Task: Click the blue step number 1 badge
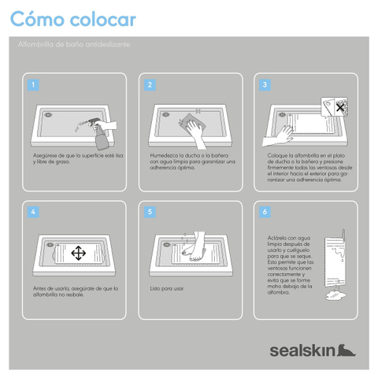tap(33, 85)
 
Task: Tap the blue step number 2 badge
tap(150, 85)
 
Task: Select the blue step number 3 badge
tap(265, 85)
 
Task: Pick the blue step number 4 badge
tap(33, 212)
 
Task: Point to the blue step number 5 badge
tap(150, 212)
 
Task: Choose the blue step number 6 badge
tap(265, 212)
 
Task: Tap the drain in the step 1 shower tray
tap(48, 115)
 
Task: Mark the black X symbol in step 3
tap(340, 107)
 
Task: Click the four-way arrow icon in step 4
tap(78, 253)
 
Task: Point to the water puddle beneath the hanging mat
tap(335, 295)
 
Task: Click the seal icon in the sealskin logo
tap(346, 350)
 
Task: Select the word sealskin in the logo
tap(302, 350)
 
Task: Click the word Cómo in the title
tap(37, 19)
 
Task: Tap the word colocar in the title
tap(103, 20)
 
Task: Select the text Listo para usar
tap(167, 288)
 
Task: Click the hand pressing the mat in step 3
tap(278, 137)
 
